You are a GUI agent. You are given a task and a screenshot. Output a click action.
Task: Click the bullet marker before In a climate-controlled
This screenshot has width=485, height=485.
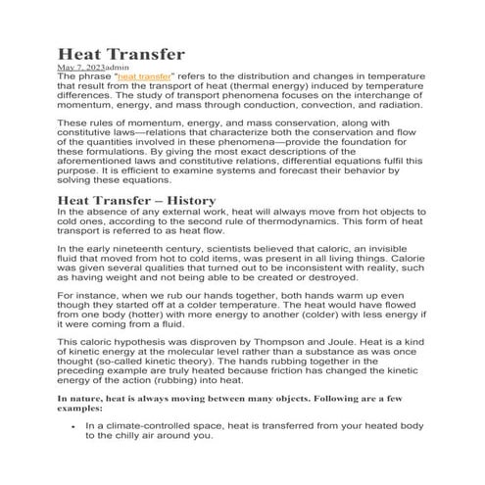coord(75,427)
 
